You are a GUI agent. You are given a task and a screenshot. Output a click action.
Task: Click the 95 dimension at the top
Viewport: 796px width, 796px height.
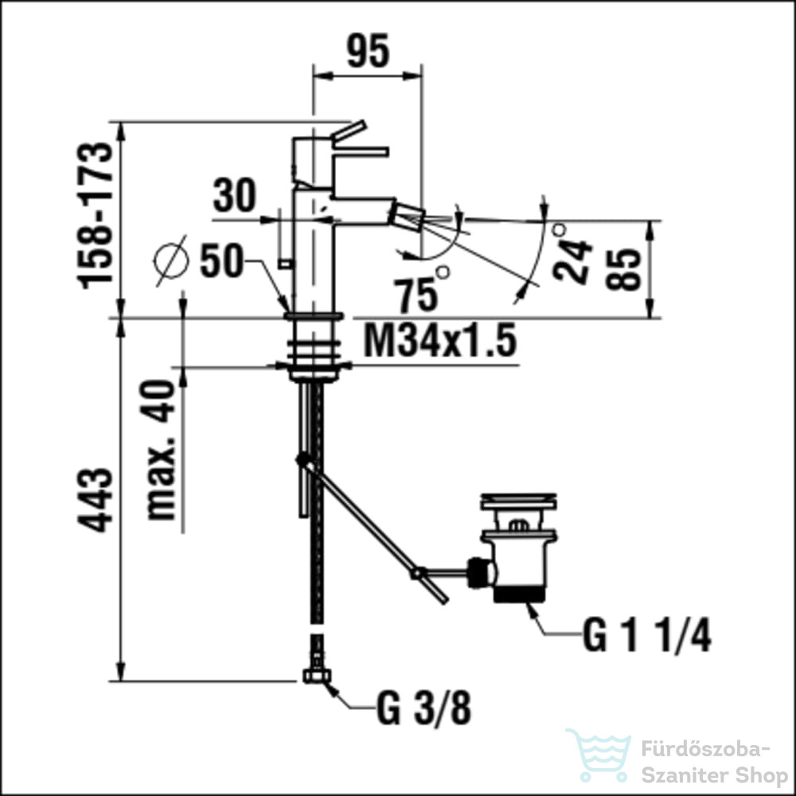pyautogui.click(x=368, y=53)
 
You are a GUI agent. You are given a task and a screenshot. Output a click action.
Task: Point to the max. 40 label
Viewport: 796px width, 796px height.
pyautogui.click(x=162, y=450)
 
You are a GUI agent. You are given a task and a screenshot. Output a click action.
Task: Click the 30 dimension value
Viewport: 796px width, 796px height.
pyautogui.click(x=235, y=196)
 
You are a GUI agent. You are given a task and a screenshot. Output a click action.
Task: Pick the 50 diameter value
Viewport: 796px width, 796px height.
pyautogui.click(x=220, y=261)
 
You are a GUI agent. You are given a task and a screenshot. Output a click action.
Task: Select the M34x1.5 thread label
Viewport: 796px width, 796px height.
pyautogui.click(x=439, y=342)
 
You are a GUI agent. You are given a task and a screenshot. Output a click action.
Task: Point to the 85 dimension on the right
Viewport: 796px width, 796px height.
pyautogui.click(x=629, y=270)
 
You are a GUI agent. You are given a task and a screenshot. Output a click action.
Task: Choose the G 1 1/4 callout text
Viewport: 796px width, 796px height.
pyautogui.click(x=646, y=636)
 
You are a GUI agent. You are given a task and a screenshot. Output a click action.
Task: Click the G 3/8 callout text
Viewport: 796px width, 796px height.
pyautogui.click(x=423, y=709)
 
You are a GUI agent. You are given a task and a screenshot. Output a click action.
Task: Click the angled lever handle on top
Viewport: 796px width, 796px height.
pyautogui.click(x=348, y=131)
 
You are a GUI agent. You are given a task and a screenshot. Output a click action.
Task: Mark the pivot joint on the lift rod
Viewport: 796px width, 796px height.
pyautogui.click(x=302, y=459)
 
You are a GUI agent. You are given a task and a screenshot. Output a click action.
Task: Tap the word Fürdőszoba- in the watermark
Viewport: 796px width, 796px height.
pyautogui.click(x=705, y=749)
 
